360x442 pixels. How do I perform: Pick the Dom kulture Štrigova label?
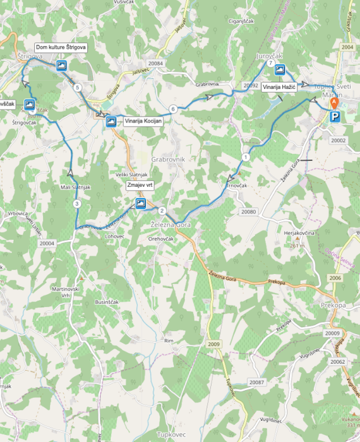(x=61, y=47)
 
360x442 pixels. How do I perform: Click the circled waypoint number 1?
(x=245, y=157)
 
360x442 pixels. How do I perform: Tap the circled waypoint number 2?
(x=162, y=211)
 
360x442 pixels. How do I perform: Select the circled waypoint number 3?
(x=76, y=204)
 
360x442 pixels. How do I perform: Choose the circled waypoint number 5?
(x=77, y=88)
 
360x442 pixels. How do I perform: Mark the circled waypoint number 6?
(x=172, y=109)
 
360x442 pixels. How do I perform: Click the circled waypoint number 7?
(x=270, y=64)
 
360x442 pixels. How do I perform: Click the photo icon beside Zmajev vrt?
(x=140, y=203)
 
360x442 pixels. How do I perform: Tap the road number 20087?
(x=256, y=383)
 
